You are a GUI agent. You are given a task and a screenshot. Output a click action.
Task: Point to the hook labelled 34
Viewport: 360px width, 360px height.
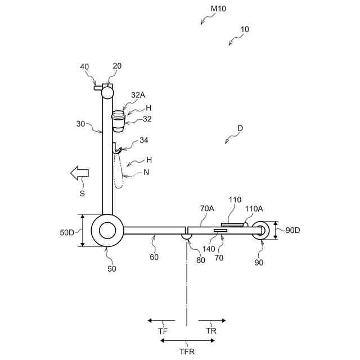117,149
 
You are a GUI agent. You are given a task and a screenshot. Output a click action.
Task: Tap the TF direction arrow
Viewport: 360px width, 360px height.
161,321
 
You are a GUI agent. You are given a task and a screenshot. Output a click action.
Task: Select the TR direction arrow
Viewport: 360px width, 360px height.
212,321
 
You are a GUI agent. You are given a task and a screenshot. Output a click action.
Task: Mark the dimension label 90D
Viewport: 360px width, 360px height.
292,229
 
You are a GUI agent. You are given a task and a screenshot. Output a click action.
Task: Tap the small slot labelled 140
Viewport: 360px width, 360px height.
220,231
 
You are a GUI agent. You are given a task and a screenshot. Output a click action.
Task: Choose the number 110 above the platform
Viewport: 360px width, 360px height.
235,200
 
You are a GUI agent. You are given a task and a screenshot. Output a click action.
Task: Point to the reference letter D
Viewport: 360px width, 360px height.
240,128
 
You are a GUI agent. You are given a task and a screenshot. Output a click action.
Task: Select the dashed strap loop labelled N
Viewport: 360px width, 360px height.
118,170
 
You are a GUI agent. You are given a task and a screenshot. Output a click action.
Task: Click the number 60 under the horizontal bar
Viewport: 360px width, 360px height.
154,257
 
